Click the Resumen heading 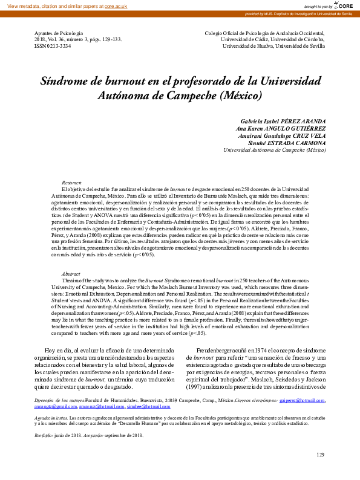[x=71, y=183]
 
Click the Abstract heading [x=71, y=274]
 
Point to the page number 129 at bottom [x=321, y=455]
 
